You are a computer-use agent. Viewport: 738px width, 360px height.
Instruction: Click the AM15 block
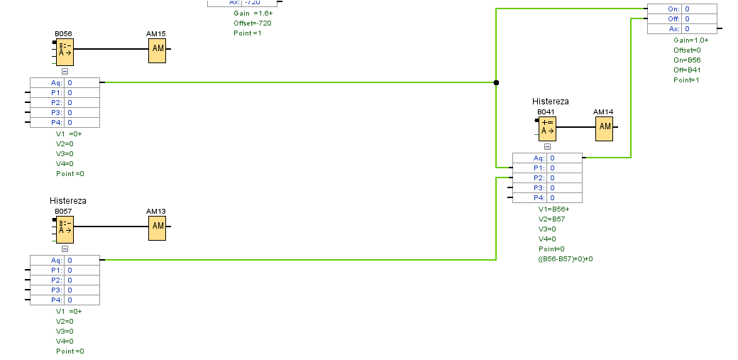point(158,49)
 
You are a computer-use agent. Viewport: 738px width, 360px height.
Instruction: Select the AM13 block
point(158,227)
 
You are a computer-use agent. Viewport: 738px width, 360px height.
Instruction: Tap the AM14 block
point(604,127)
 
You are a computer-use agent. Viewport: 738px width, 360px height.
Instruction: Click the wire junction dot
point(496,82)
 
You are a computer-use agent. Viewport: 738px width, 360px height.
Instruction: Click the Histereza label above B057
point(68,201)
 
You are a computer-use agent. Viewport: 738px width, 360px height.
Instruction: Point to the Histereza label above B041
point(551,102)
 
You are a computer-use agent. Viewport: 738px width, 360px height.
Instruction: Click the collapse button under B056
point(65,71)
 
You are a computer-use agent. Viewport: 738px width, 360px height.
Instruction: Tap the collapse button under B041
point(547,146)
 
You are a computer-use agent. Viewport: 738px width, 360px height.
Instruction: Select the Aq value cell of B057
point(82,260)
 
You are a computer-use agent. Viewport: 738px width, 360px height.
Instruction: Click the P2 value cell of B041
point(565,178)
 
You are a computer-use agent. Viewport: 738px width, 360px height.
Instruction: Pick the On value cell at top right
point(700,9)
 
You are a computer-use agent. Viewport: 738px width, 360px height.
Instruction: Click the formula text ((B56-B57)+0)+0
point(566,258)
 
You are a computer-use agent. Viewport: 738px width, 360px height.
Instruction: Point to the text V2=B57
point(551,219)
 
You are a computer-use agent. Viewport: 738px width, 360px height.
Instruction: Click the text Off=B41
point(687,70)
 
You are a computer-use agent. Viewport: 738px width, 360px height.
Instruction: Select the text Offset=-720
point(253,23)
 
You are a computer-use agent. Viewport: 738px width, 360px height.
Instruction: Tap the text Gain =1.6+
point(253,13)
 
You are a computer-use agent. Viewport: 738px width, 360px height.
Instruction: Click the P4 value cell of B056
point(82,122)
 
